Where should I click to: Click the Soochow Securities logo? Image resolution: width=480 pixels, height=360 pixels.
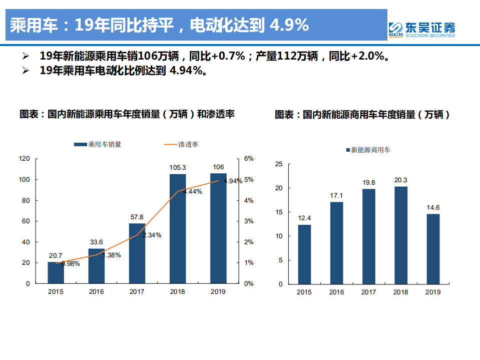[x=422, y=29]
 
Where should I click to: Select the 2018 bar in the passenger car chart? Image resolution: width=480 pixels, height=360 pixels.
[x=177, y=228]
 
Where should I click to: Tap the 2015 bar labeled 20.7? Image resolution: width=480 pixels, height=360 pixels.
[x=56, y=272]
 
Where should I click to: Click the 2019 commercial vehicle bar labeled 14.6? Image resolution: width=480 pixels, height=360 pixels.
[x=432, y=249]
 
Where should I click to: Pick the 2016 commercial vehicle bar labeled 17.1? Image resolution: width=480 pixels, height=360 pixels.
[x=336, y=243]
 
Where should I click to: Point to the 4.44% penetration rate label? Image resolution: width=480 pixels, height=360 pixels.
[x=193, y=191]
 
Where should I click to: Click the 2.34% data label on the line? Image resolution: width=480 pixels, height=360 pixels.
[x=152, y=235]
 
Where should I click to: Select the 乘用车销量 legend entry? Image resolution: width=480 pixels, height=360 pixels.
[x=98, y=144]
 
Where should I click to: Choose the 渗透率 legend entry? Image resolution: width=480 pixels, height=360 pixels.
[x=181, y=144]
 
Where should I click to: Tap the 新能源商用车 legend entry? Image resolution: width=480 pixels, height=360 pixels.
[x=368, y=149]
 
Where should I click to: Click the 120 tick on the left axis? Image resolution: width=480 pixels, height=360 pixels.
[x=25, y=159]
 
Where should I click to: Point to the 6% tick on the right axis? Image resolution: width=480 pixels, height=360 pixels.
[x=249, y=159]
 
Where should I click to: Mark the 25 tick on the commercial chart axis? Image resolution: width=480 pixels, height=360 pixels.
[x=279, y=164]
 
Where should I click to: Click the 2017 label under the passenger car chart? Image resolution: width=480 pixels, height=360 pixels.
[x=137, y=291]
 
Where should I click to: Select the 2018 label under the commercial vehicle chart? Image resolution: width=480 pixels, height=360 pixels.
[x=400, y=292]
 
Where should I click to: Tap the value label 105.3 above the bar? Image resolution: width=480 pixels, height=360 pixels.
[x=178, y=167]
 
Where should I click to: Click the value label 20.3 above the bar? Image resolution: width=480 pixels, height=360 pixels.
[x=400, y=180]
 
